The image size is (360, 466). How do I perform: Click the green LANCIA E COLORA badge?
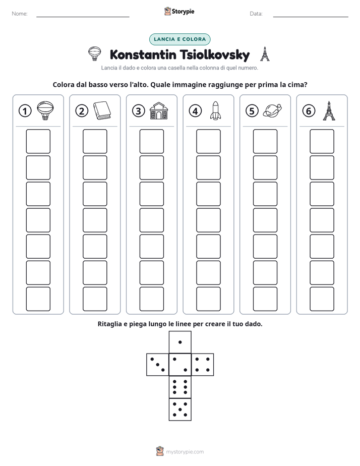(179, 39)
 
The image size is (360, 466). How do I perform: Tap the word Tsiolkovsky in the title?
(214, 55)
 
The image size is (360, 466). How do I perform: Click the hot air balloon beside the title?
(94, 54)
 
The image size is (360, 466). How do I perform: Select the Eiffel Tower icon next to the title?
(265, 54)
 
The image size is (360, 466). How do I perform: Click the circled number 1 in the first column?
(25, 111)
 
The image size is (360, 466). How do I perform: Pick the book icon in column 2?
(102, 110)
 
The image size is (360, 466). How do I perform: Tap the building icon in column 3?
(159, 111)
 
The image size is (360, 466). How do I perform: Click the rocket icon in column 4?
(215, 110)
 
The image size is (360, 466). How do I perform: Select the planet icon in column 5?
(272, 110)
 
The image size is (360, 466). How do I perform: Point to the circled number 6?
(309, 111)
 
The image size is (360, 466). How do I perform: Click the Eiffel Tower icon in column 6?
(329, 111)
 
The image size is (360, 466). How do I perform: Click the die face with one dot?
(180, 342)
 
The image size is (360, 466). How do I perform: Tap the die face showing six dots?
(180, 387)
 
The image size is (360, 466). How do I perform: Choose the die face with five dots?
(180, 410)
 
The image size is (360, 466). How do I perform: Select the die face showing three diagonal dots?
(158, 365)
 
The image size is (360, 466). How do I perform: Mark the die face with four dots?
(203, 365)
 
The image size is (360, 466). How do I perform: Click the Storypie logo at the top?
(179, 12)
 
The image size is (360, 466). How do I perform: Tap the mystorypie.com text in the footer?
(185, 452)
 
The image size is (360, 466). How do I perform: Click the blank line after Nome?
(83, 17)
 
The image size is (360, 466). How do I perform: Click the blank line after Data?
(311, 17)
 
